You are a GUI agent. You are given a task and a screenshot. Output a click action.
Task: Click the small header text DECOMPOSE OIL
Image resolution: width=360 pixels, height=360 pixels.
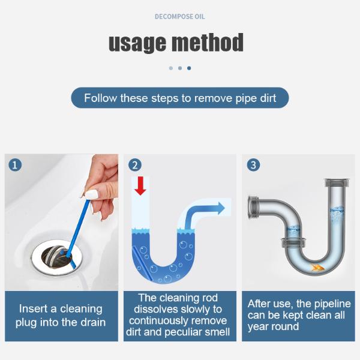coord(179,16)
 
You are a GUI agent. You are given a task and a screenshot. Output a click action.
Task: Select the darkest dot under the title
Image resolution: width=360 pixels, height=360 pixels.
coord(189,68)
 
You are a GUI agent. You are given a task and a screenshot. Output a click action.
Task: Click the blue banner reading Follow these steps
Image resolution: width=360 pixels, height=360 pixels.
coord(180,98)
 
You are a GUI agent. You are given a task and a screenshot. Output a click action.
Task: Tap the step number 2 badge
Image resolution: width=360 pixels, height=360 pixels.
coord(136,164)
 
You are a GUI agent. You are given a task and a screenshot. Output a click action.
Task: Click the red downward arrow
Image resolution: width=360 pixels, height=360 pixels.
coord(140,185)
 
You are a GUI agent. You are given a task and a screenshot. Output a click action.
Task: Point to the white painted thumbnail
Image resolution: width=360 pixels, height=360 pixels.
coord(91,194)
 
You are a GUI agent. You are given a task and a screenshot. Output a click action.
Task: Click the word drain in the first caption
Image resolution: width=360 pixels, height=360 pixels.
coord(91,322)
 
